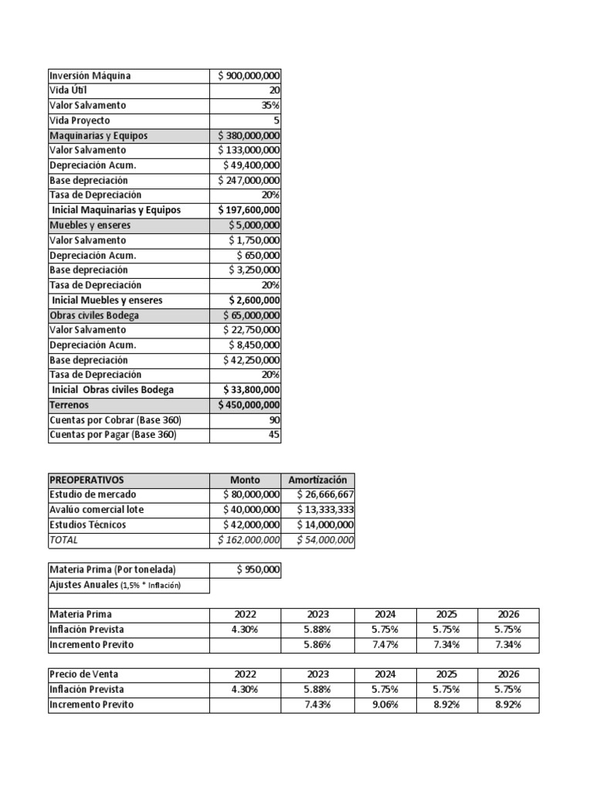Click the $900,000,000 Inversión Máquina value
coord(249,76)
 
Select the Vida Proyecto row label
coord(80,121)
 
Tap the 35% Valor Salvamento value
coord(270,105)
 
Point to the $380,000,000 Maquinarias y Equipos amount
coord(249,135)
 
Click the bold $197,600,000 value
coord(249,210)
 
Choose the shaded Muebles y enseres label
coord(90,226)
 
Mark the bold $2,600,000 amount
coord(255,300)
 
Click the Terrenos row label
coord(69,405)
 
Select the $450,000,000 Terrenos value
coord(249,405)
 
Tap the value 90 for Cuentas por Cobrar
coord(274,420)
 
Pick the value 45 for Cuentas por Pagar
coord(274,435)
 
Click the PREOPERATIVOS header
coord(86,480)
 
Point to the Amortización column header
coord(318,480)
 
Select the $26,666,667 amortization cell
coord(325,494)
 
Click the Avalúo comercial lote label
coord(97,510)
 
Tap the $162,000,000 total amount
coord(249,540)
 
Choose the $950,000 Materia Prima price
coord(258,570)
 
